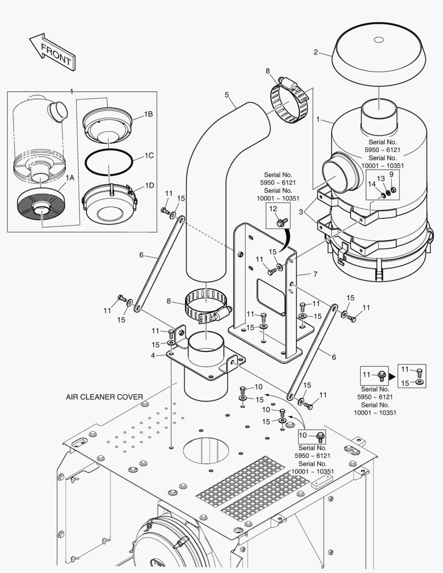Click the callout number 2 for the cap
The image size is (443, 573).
point(316,52)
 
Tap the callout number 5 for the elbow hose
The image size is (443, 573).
point(227,95)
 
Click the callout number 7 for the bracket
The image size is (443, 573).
point(315,274)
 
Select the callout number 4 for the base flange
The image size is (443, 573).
point(153,355)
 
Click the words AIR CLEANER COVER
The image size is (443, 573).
point(104,396)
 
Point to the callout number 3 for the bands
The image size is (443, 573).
point(301,212)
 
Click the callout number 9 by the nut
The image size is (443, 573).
point(392,175)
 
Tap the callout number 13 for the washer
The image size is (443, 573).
point(380,179)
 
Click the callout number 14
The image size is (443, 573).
point(372,184)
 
